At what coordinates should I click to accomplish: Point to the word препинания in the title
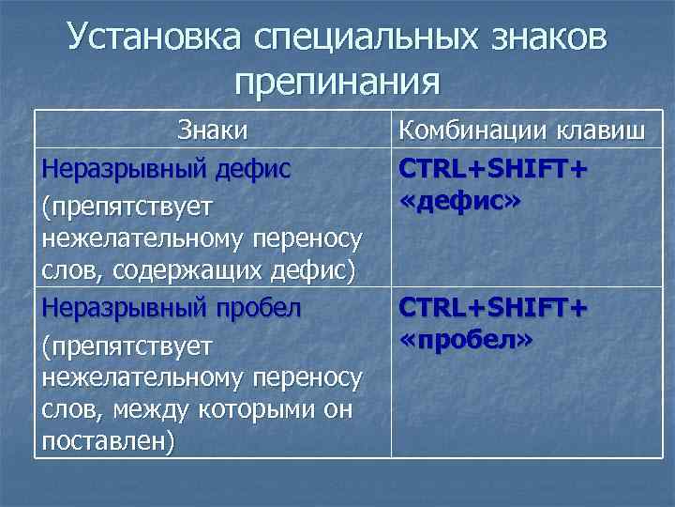coord(337,82)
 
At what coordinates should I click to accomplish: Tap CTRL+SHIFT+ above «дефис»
coord(494,168)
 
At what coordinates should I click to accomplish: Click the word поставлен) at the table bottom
coord(108,441)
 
